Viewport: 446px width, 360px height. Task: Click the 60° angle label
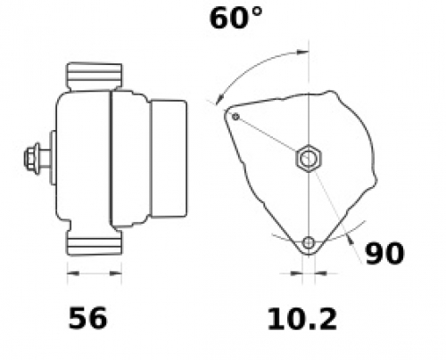pyautogui.click(x=235, y=19)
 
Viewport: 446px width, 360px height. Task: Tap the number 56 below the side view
pyautogui.click(x=87, y=318)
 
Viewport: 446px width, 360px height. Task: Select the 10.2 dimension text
pyautogui.click(x=302, y=319)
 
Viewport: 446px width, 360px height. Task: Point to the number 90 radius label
pyautogui.click(x=384, y=253)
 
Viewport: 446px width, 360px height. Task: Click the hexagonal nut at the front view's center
pyautogui.click(x=309, y=159)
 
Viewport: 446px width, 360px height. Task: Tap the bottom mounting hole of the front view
pyautogui.click(x=309, y=243)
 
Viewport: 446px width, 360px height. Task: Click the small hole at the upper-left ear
pyautogui.click(x=235, y=117)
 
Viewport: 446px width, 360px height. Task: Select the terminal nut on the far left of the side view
pyautogui.click(x=31, y=159)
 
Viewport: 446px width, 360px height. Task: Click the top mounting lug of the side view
pyautogui.click(x=95, y=77)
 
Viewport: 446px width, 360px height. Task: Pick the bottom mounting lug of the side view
pyautogui.click(x=95, y=242)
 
